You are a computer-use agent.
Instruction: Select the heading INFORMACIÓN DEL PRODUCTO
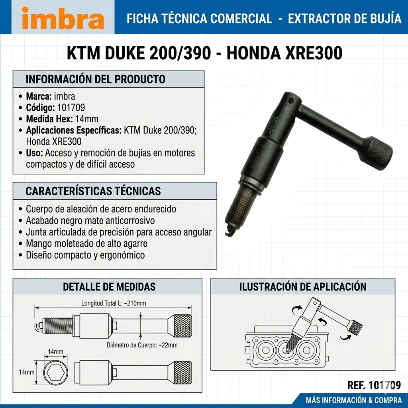tap(96, 79)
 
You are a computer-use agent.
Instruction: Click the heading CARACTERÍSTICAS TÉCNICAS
tap(93, 191)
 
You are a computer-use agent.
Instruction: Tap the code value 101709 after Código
tap(71, 108)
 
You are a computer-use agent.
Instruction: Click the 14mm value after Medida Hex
tap(87, 119)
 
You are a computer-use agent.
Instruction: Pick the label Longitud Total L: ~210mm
tap(114, 303)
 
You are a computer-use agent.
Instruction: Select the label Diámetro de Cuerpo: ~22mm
tap(142, 345)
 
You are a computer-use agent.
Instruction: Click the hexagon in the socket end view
tap(56, 373)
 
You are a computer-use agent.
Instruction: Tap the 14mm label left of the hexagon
tap(26, 373)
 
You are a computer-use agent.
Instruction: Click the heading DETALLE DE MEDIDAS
tap(109, 287)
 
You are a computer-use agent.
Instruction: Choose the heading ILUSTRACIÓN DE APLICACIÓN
tap(303, 287)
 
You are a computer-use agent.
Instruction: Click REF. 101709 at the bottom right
tap(374, 385)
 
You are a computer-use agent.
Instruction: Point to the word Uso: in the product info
tap(34, 153)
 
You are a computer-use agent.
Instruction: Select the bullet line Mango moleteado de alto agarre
tap(86, 243)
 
